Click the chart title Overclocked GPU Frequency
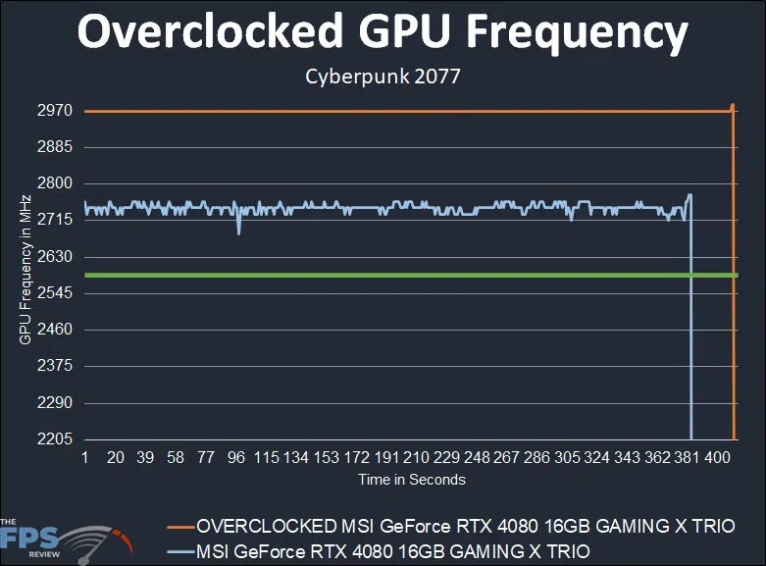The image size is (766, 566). [383, 32]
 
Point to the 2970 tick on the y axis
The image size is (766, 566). [55, 111]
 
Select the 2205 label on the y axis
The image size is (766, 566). [55, 439]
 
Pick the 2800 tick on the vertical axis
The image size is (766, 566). [55, 183]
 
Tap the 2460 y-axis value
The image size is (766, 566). [55, 330]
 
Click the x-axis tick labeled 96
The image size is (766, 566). [235, 458]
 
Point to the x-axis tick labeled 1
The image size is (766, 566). [85, 458]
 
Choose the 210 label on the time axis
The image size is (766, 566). [416, 458]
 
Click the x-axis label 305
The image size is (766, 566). [567, 458]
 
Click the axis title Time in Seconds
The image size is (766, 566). [411, 480]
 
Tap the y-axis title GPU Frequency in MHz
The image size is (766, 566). [25, 270]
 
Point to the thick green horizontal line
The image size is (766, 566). [392, 275]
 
